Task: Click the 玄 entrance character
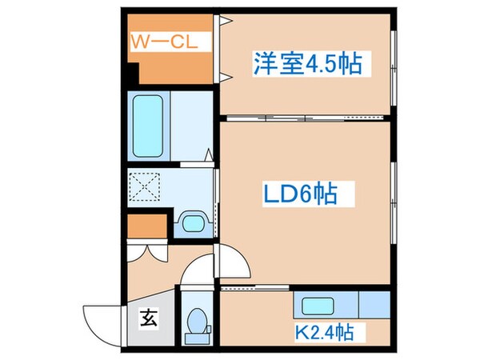coord(150,318)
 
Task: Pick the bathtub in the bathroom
coord(147,126)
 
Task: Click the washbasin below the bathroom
coord(192,222)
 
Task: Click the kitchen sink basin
coord(318,305)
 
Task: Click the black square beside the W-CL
coord(130,78)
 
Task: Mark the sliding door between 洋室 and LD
coord(264,118)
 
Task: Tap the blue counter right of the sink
coord(374,304)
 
